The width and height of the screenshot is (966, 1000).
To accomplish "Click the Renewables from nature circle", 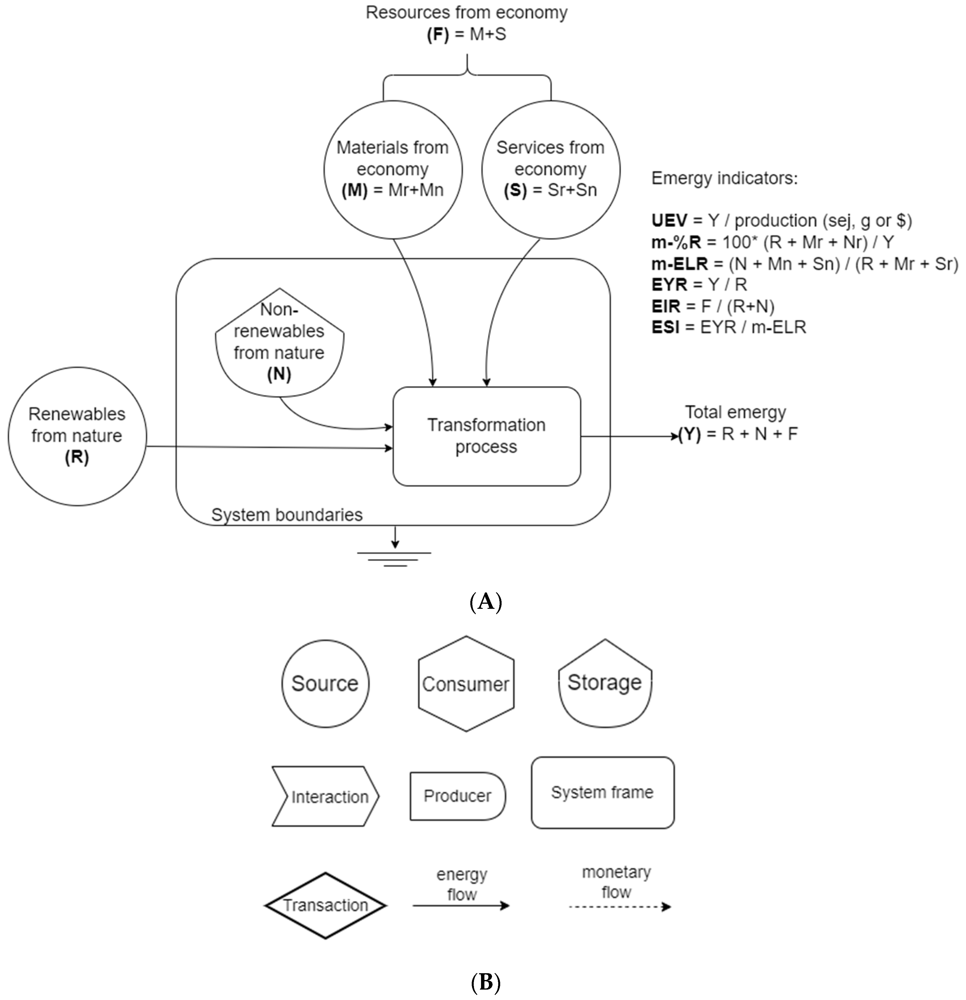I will [x=77, y=436].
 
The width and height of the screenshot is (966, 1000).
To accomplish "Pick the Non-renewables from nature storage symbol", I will [x=279, y=343].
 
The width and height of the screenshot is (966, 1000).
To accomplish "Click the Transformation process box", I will [x=486, y=436].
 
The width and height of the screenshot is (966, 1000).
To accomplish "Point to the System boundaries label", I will [x=287, y=515].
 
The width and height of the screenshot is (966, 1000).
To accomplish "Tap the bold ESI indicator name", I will [x=665, y=327].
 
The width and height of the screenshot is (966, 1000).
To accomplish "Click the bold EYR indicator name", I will [x=669, y=284].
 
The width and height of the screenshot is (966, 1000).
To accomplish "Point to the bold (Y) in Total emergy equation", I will [x=689, y=434].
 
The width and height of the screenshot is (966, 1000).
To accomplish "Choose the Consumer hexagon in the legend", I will [x=466, y=684].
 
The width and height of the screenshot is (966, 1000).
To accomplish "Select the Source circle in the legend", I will [x=325, y=684].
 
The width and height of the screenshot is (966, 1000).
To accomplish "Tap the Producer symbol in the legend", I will [x=457, y=796].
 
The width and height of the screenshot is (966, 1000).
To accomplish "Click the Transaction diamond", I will [x=325, y=906].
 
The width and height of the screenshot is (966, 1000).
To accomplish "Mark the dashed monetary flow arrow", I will [x=619, y=907].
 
